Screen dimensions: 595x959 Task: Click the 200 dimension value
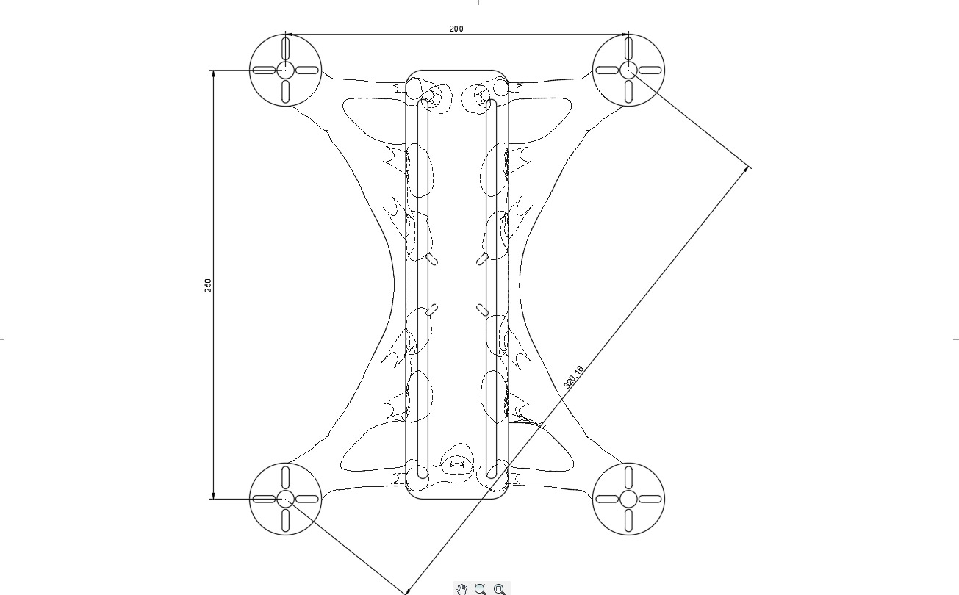pyautogui.click(x=456, y=29)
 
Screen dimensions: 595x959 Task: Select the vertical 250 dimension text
pyautogui.click(x=208, y=285)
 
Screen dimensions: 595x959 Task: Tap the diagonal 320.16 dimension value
pyautogui.click(x=573, y=377)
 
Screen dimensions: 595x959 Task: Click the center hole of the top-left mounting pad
pyautogui.click(x=285, y=70)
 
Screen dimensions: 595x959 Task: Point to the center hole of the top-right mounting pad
pyautogui.click(x=628, y=70)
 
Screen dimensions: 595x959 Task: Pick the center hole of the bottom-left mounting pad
pyautogui.click(x=285, y=499)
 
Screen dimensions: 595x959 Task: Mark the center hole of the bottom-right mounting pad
pyautogui.click(x=628, y=499)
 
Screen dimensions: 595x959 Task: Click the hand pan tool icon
pyautogui.click(x=461, y=588)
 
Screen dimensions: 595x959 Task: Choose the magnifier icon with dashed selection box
pyautogui.click(x=481, y=588)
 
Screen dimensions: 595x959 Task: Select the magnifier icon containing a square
pyautogui.click(x=500, y=588)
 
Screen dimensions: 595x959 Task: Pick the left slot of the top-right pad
pyautogui.click(x=607, y=71)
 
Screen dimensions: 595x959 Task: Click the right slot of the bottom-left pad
pyautogui.click(x=307, y=499)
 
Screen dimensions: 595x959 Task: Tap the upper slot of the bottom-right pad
pyautogui.click(x=628, y=477)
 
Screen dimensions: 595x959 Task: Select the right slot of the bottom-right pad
pyautogui.click(x=650, y=499)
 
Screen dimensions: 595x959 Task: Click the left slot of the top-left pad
pyautogui.click(x=264, y=71)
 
